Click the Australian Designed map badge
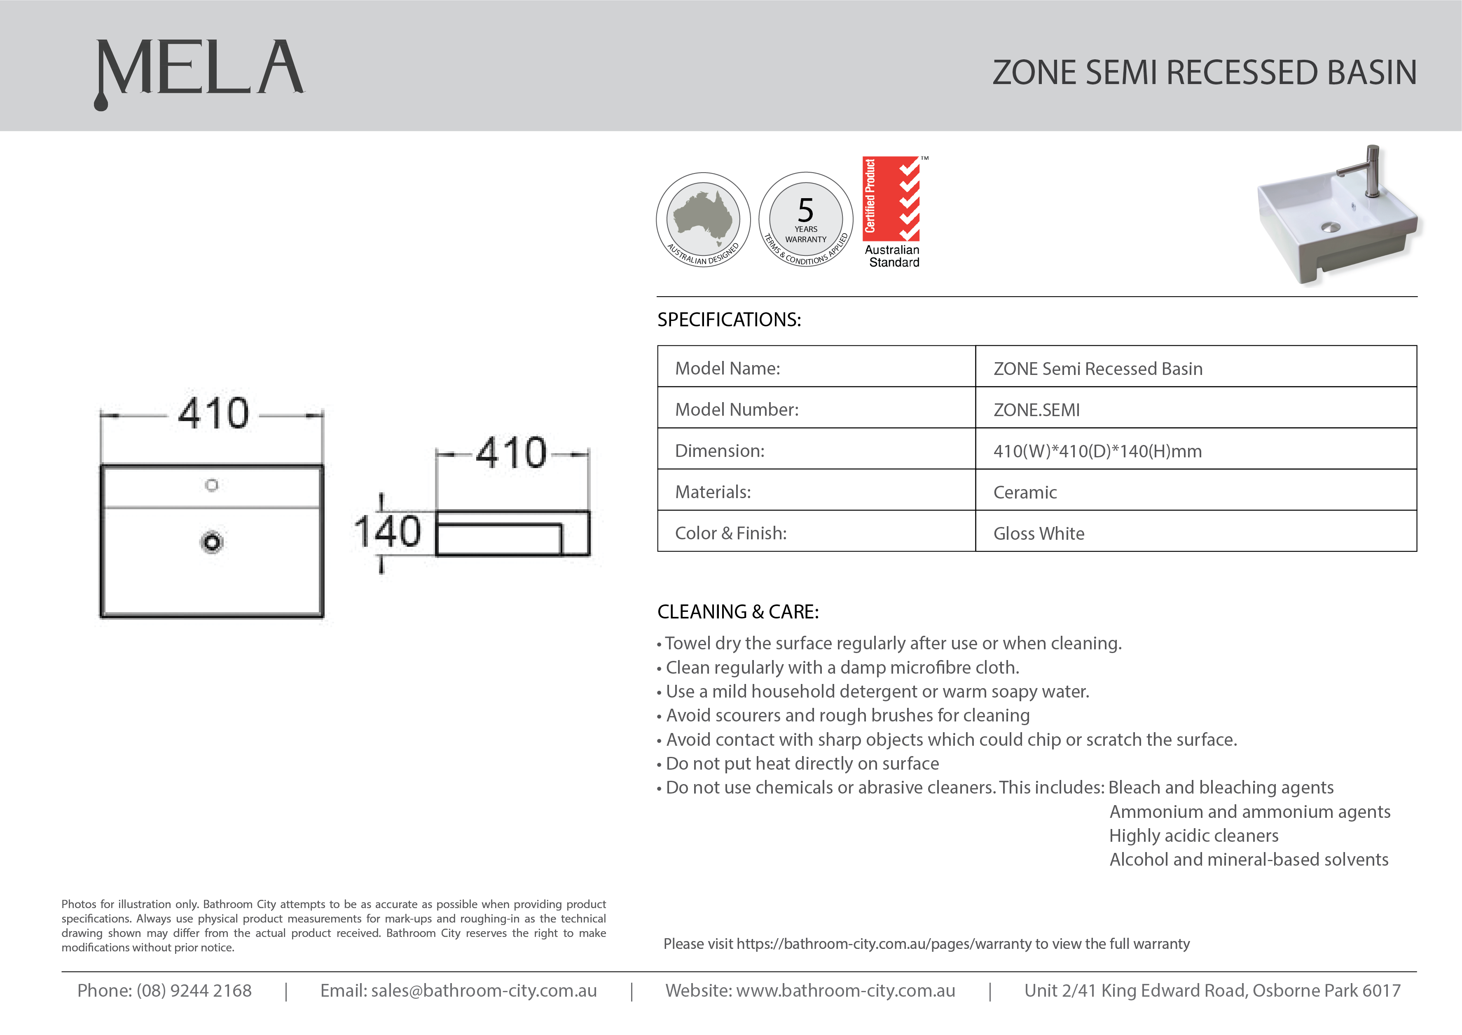pyautogui.click(x=703, y=219)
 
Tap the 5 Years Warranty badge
pyautogui.click(x=806, y=219)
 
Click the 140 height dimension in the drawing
pyautogui.click(x=387, y=532)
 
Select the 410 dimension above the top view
pyautogui.click(x=213, y=414)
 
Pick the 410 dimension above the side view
pyautogui.click(x=512, y=453)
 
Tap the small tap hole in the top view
pyautogui.click(x=211, y=486)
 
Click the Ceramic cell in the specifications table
pyautogui.click(x=1025, y=492)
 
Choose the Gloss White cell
pyautogui.click(x=1039, y=534)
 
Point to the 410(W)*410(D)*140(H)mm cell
pyautogui.click(x=1097, y=451)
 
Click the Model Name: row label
pyautogui.click(x=727, y=368)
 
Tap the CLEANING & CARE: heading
pyautogui.click(x=738, y=612)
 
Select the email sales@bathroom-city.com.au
pyautogui.click(x=484, y=991)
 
